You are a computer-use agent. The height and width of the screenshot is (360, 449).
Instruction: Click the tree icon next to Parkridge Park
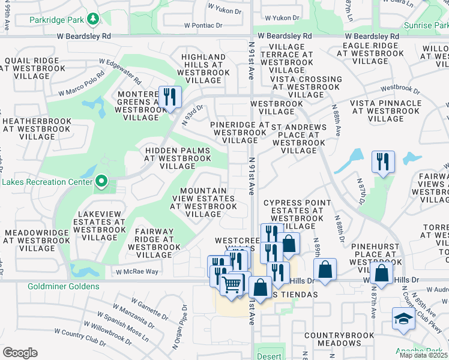(93, 20)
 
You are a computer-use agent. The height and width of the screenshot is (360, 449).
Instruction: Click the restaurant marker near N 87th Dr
(382, 161)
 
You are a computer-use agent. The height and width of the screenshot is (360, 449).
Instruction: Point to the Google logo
(20, 352)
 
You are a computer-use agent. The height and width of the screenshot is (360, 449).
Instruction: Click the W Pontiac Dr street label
(203, 26)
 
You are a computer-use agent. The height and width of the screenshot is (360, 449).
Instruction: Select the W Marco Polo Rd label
(82, 86)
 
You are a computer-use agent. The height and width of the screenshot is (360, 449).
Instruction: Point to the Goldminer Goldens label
(58, 287)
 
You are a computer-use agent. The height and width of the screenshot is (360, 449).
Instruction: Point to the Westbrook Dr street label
(400, 89)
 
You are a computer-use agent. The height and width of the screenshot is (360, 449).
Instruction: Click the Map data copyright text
(423, 355)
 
